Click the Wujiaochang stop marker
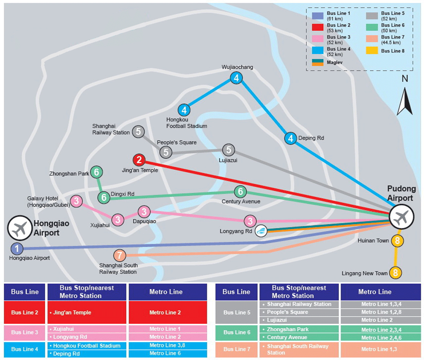(236, 78)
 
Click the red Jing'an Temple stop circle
(139, 161)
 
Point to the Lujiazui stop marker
(229, 150)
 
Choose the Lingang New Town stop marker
(395, 273)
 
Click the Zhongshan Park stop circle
(97, 172)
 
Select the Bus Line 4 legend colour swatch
(318, 51)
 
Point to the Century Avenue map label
(241, 202)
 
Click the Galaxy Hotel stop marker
(77, 201)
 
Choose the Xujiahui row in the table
(88, 329)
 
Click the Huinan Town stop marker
(396, 241)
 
